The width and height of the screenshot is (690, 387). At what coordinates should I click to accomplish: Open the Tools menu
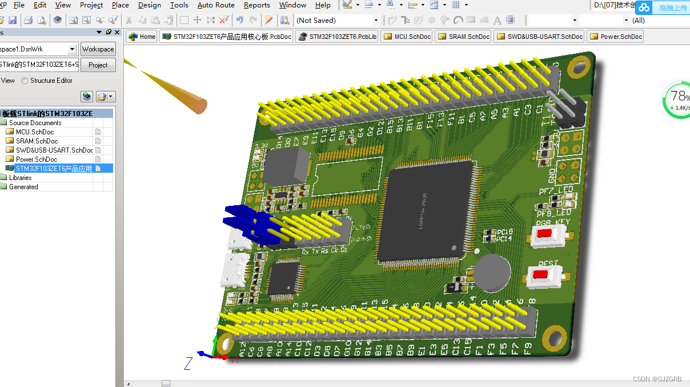pos(179,5)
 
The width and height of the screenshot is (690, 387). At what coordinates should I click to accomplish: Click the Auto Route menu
pos(216,5)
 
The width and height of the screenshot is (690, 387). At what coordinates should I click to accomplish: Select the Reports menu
pos(256,5)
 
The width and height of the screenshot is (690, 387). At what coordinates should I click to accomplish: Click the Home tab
pos(142,37)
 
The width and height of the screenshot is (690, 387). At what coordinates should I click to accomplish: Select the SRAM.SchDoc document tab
pos(464,37)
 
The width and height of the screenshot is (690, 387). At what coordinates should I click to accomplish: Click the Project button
pos(98,65)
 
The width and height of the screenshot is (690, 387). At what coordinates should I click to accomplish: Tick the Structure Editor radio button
pos(25,81)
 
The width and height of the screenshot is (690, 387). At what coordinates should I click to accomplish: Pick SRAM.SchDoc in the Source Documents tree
pos(37,141)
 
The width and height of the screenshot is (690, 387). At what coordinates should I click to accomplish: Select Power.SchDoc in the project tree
pos(37,159)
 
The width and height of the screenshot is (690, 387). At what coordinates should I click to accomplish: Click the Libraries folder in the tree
pos(21,178)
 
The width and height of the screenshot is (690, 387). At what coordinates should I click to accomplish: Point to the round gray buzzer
pos(492,272)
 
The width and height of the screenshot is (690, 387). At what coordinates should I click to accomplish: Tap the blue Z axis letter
pos(188,363)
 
